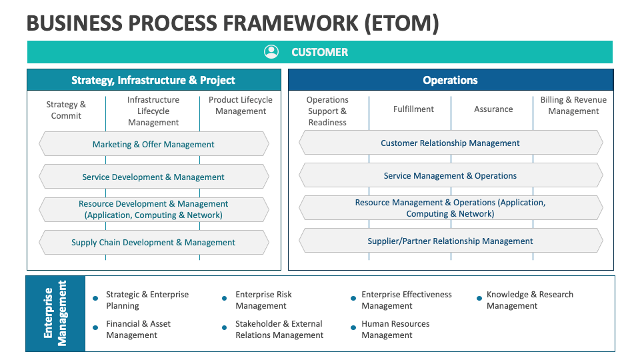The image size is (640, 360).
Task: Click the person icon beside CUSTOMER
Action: pos(271,52)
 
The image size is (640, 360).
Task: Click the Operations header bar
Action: pos(450,80)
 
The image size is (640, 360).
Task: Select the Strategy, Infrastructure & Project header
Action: pos(153,80)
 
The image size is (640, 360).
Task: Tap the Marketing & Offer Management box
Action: pos(153,144)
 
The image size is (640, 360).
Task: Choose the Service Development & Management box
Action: pos(153,177)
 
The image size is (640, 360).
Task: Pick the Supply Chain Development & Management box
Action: pos(153,242)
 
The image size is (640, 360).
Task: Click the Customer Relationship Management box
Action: pos(450,143)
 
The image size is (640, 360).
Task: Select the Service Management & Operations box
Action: pos(450,176)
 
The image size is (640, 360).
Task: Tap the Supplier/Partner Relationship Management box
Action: pos(450,241)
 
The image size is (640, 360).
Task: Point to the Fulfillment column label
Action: pos(413,109)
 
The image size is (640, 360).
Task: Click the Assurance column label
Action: pos(493,109)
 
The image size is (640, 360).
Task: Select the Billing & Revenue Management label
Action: pos(573,105)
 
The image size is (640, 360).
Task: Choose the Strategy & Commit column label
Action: pos(66,110)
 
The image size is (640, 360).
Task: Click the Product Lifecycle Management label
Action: pos(241,105)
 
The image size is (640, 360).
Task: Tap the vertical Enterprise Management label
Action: pos(55,313)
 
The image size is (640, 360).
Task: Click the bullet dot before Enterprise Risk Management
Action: pos(225,299)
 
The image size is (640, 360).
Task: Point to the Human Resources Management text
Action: pos(395,329)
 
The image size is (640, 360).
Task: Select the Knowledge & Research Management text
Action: pos(529,300)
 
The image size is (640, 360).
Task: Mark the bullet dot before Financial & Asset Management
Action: pos(95,327)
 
